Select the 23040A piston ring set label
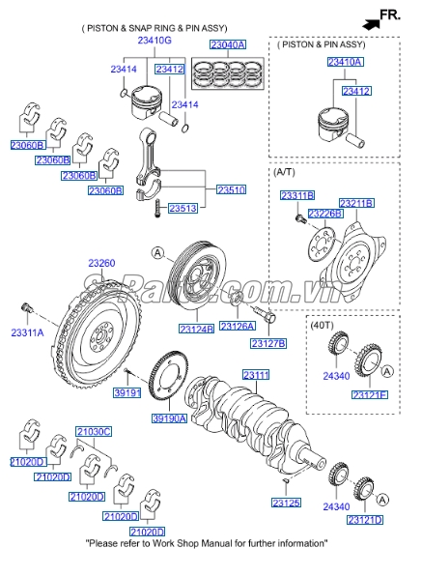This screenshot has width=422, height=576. click(x=228, y=44)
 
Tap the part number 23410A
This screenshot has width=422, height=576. click(x=345, y=62)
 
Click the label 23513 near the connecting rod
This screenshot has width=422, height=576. click(x=183, y=209)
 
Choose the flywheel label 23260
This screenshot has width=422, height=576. click(x=101, y=262)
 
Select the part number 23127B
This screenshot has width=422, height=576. click(x=267, y=343)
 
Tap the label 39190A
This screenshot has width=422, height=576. click(x=170, y=418)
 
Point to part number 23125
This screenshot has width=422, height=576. click(x=286, y=504)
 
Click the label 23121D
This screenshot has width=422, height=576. click(x=365, y=521)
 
